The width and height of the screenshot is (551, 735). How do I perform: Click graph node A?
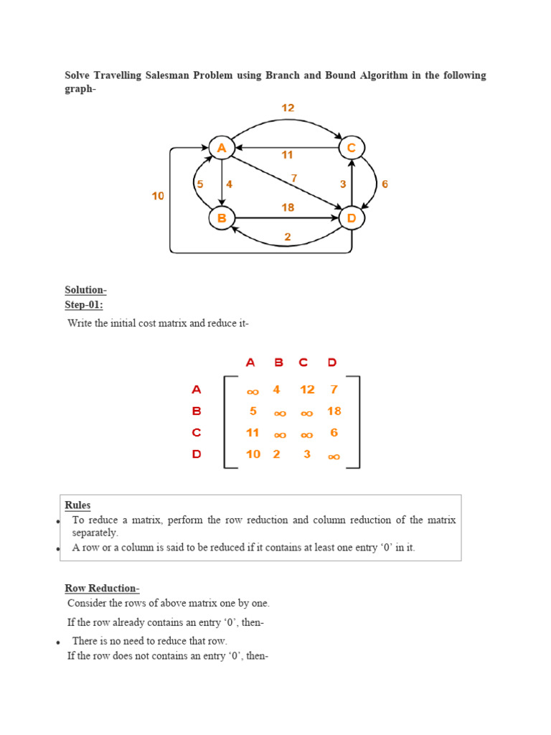[221, 148]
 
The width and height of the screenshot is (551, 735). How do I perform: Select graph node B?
[221, 217]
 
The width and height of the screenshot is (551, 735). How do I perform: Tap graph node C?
[352, 148]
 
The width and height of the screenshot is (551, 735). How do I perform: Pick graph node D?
[352, 217]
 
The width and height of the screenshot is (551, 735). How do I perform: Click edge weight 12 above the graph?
[287, 108]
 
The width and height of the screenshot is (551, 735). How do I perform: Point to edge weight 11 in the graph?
[287, 154]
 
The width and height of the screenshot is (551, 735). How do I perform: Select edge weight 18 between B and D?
[287, 207]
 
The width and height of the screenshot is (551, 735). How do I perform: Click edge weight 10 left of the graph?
[158, 195]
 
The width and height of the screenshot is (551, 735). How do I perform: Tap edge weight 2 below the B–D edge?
[287, 237]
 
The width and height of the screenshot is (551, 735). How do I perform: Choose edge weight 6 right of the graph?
[385, 184]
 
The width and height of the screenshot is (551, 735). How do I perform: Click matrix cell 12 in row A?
[307, 389]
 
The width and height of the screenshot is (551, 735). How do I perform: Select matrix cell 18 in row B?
[334, 411]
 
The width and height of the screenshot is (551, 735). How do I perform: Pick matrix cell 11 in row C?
[253, 433]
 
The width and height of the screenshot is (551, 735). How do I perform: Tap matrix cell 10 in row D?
[253, 454]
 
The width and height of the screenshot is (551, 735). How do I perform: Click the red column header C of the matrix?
[303, 363]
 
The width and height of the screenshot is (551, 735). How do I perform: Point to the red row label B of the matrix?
[197, 411]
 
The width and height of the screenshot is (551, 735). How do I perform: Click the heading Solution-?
[85, 290]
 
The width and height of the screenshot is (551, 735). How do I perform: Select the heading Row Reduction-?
[102, 589]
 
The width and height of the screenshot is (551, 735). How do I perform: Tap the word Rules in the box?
[77, 505]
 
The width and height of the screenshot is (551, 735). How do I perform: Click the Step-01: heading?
[84, 305]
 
